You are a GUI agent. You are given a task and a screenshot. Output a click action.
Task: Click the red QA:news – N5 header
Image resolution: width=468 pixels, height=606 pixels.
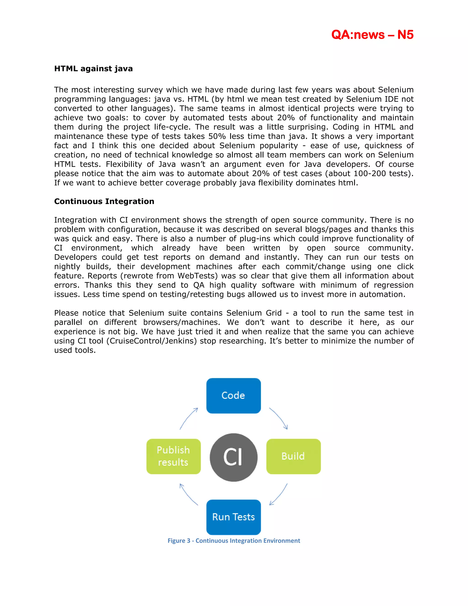click(372, 35)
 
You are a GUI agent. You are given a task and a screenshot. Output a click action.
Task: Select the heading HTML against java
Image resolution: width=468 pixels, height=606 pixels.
click(93, 69)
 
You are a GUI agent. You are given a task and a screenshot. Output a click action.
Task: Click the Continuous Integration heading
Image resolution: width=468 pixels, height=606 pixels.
click(104, 201)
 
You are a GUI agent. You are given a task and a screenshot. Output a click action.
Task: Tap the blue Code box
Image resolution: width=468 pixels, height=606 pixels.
click(234, 395)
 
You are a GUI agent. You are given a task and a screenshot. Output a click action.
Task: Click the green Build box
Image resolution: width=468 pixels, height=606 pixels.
click(293, 456)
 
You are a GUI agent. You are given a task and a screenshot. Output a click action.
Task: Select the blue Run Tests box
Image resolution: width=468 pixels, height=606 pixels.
click(234, 517)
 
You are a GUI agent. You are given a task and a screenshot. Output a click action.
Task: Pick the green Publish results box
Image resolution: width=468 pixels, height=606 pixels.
click(174, 456)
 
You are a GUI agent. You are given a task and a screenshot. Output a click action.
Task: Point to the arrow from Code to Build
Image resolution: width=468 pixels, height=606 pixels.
click(279, 418)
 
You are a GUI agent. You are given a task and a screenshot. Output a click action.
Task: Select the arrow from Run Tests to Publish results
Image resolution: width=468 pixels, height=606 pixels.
click(188, 494)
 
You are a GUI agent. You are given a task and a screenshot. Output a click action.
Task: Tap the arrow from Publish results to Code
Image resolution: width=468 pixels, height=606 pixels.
click(189, 418)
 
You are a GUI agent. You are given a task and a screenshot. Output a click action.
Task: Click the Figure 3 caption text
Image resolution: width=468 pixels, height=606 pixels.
click(234, 541)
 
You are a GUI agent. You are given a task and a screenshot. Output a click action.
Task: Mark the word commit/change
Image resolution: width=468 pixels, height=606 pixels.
click(315, 266)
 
